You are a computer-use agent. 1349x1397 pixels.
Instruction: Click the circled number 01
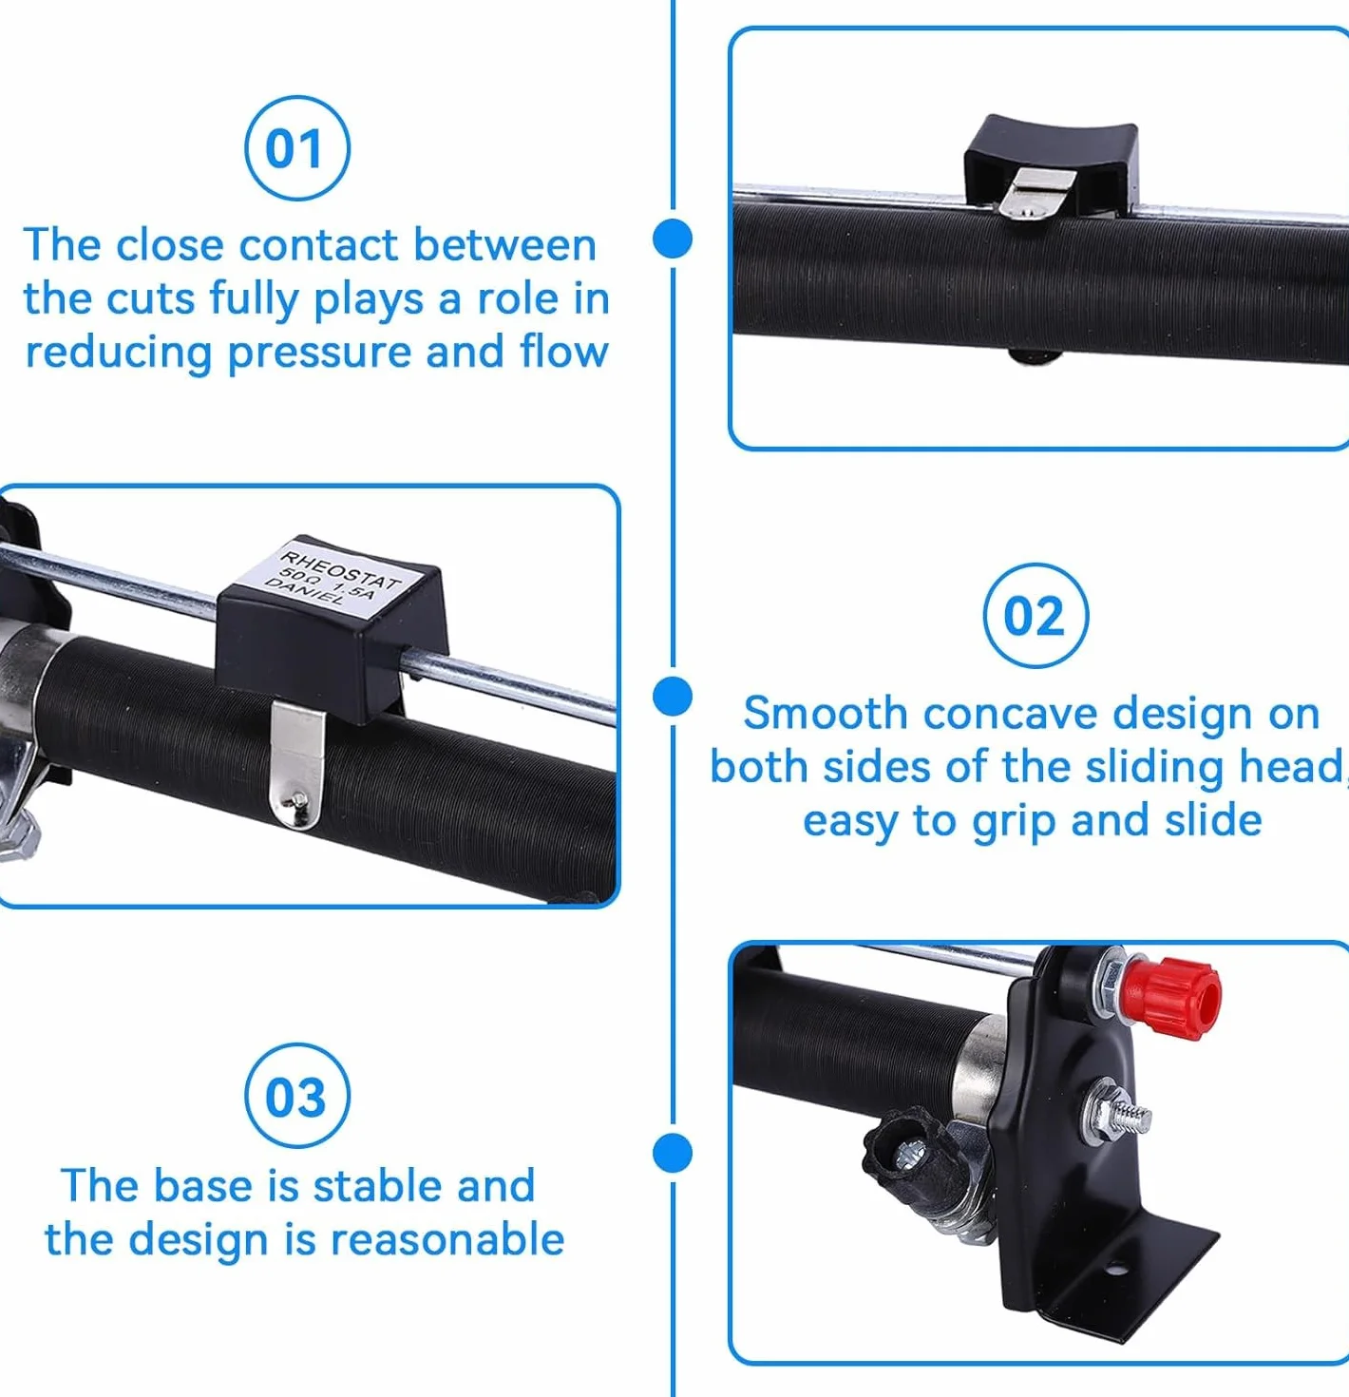(x=297, y=148)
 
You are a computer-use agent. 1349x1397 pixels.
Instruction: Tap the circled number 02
(x=1035, y=615)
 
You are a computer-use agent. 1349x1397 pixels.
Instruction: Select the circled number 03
(x=297, y=1096)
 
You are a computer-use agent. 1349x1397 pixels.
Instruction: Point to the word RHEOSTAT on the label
(x=339, y=570)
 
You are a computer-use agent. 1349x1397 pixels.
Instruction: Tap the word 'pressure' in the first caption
(x=319, y=354)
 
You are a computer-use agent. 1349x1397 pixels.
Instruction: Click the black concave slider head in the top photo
(x=1052, y=162)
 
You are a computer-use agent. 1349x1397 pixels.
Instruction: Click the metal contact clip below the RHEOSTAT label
(x=297, y=765)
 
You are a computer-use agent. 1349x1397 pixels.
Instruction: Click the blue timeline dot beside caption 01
(x=673, y=239)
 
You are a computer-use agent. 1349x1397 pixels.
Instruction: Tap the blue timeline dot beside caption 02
(x=673, y=697)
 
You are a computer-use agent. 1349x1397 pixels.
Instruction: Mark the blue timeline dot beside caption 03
(x=673, y=1154)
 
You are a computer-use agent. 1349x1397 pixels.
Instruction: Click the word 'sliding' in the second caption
(x=1154, y=769)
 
